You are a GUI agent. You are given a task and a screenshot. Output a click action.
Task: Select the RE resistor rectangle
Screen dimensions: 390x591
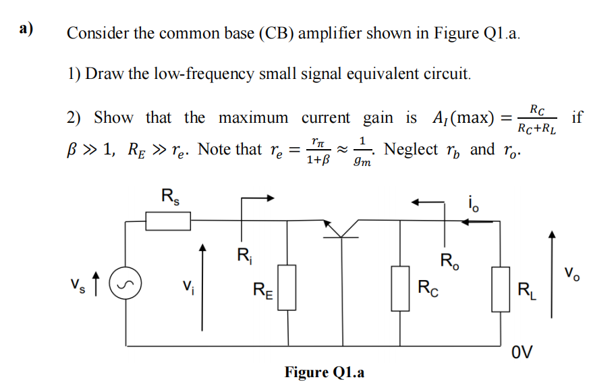[x=287, y=288]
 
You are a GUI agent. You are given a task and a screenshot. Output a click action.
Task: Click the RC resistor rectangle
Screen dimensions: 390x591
[x=401, y=288]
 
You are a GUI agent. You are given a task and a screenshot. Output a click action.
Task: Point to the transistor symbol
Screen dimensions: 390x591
[x=341, y=228]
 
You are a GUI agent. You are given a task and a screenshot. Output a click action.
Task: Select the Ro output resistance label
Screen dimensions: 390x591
[x=450, y=260]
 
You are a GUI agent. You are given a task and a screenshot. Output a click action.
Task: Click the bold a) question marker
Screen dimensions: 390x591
[x=26, y=29]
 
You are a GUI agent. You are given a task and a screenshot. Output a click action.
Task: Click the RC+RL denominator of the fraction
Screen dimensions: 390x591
[x=537, y=128]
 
